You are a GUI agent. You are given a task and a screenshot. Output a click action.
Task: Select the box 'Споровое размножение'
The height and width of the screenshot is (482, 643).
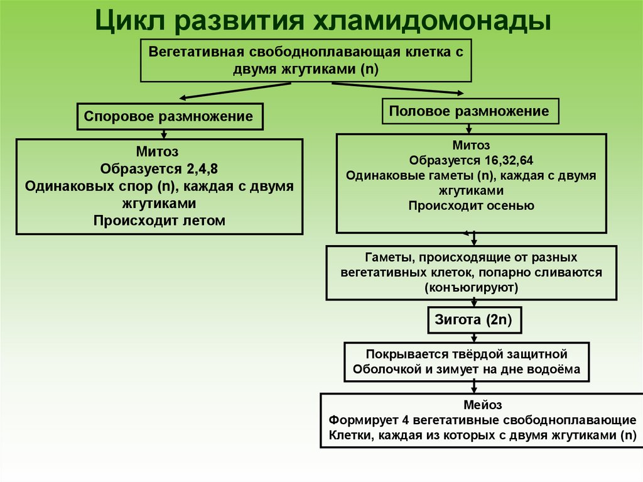(x=169, y=116)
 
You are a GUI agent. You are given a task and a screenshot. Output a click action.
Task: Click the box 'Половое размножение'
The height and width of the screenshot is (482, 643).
(x=469, y=111)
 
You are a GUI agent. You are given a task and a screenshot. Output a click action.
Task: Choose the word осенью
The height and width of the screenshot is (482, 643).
(x=509, y=205)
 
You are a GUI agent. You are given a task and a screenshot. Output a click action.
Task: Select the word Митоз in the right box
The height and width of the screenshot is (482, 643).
(x=471, y=145)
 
